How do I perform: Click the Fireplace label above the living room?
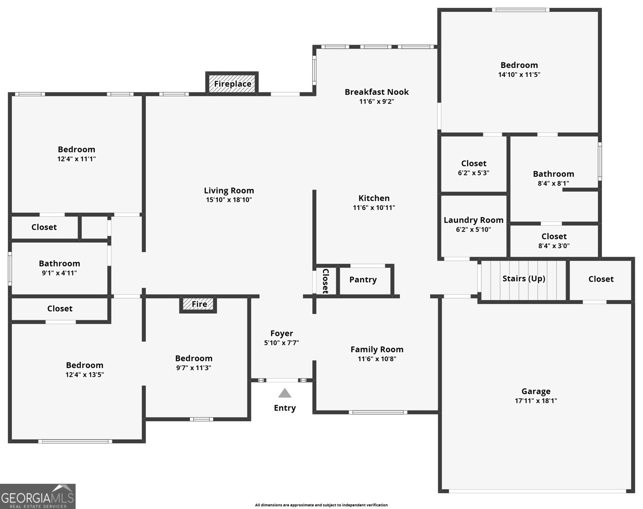coord(233,84)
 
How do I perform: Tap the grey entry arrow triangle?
coord(285,393)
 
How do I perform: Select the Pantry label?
coord(363,280)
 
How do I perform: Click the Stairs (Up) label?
coord(524,279)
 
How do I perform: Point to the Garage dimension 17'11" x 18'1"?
coord(536,400)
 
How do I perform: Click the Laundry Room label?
coord(474,220)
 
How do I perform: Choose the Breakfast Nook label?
coord(377,92)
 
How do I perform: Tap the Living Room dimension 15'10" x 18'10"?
coord(229,200)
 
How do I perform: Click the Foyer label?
coord(282,333)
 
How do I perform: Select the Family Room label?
coord(377,350)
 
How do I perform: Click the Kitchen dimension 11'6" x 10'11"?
coord(374,207)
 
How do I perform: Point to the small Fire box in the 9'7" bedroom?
coord(198,305)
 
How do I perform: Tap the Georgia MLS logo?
coord(38,496)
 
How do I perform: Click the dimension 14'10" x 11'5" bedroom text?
coord(519,75)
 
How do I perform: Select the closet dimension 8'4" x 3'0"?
coord(554,246)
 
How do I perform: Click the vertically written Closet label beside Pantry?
coord(326,281)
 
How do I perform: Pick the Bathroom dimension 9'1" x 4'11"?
coord(59,273)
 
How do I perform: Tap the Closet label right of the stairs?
coord(601,279)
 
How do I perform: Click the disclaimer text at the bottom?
coord(321,505)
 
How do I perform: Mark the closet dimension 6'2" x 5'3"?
coord(474,173)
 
